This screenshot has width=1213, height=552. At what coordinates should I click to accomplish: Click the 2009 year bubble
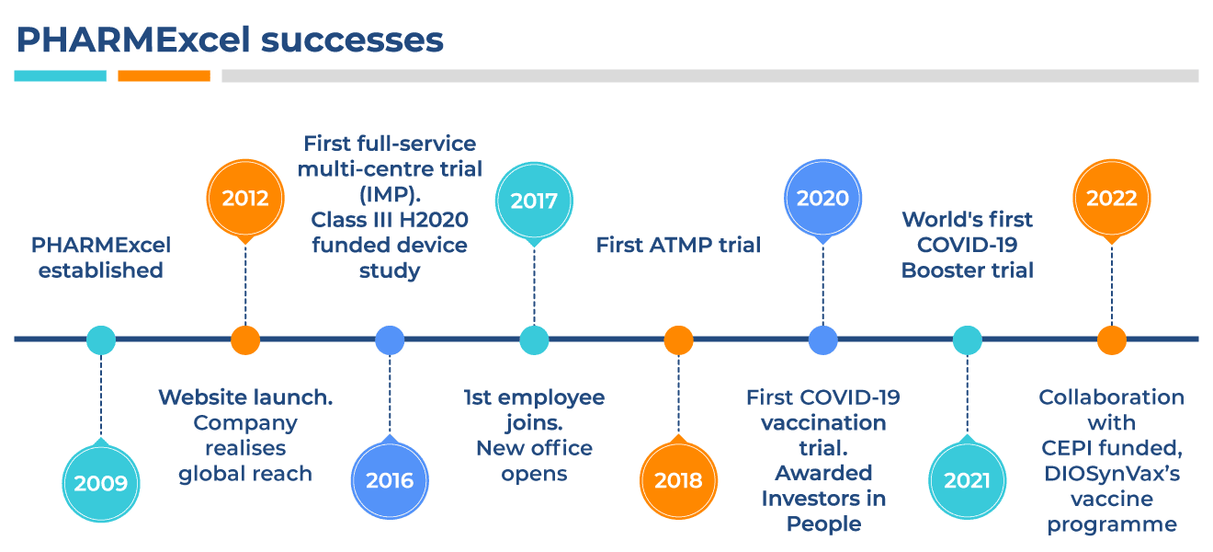pyautogui.click(x=101, y=481)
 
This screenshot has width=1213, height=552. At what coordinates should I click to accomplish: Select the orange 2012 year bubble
pyautogui.click(x=245, y=199)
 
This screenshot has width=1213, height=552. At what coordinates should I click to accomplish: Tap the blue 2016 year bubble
pyautogui.click(x=390, y=479)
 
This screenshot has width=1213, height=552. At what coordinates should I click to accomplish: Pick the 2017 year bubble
pyautogui.click(x=534, y=200)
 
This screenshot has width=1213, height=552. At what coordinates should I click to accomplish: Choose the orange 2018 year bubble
pyautogui.click(x=678, y=479)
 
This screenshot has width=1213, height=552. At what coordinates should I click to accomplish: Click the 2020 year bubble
pyautogui.click(x=822, y=199)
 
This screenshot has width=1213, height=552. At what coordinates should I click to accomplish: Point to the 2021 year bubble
pyautogui.click(x=967, y=479)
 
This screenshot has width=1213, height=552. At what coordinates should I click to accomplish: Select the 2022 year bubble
pyautogui.click(x=1111, y=199)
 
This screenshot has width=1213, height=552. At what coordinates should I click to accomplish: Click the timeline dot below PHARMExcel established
pyautogui.click(x=101, y=339)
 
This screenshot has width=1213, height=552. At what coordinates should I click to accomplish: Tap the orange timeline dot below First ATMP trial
pyautogui.click(x=678, y=339)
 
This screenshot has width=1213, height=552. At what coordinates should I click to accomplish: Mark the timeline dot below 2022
pyautogui.click(x=1111, y=339)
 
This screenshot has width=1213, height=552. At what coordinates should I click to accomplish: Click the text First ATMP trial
pyautogui.click(x=678, y=245)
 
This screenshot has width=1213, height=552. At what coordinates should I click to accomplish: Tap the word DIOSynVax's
pyautogui.click(x=1111, y=474)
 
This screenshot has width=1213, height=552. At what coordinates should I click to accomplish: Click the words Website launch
pyautogui.click(x=245, y=397)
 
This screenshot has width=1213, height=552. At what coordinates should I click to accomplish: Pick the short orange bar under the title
pyautogui.click(x=164, y=75)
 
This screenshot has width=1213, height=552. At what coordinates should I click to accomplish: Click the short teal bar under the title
pyautogui.click(x=60, y=75)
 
